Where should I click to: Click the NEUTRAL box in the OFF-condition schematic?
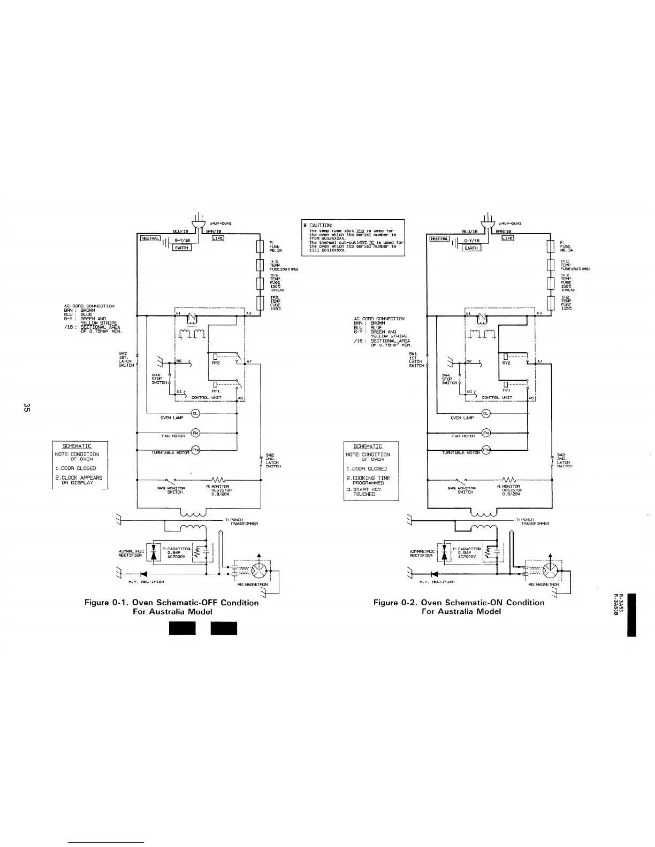click(149, 239)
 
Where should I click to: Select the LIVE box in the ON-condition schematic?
click(507, 238)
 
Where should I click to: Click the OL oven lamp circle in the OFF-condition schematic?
click(195, 413)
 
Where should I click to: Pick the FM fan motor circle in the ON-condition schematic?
click(486, 433)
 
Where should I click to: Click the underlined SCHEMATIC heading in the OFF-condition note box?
click(77, 446)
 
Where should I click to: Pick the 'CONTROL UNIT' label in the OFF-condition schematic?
click(206, 398)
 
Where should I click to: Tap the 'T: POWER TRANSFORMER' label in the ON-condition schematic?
click(530, 521)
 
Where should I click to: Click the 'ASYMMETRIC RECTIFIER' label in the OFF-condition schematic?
click(130, 553)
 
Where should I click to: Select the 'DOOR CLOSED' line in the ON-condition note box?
click(366, 468)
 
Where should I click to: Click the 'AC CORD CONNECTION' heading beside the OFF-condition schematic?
click(89, 306)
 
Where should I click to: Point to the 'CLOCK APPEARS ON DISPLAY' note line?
click(79, 480)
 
